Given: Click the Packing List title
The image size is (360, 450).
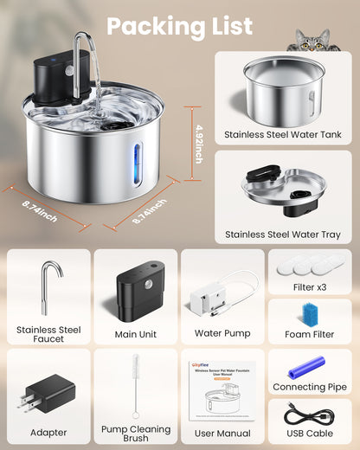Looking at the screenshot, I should tap(180, 26).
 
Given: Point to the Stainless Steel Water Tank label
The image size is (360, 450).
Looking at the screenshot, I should tap(283, 134).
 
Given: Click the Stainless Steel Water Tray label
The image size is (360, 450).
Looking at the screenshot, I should tap(283, 234).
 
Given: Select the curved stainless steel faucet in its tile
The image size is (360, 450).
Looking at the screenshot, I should tap(48, 288).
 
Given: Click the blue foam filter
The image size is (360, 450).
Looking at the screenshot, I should tap(309, 312).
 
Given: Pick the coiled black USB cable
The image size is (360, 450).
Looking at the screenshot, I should tap(310, 418).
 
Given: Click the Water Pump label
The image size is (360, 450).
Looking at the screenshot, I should tap(222, 333).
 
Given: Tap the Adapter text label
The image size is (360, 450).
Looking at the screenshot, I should tap(48, 430).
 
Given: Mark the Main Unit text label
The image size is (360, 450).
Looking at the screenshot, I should tap(136, 333).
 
